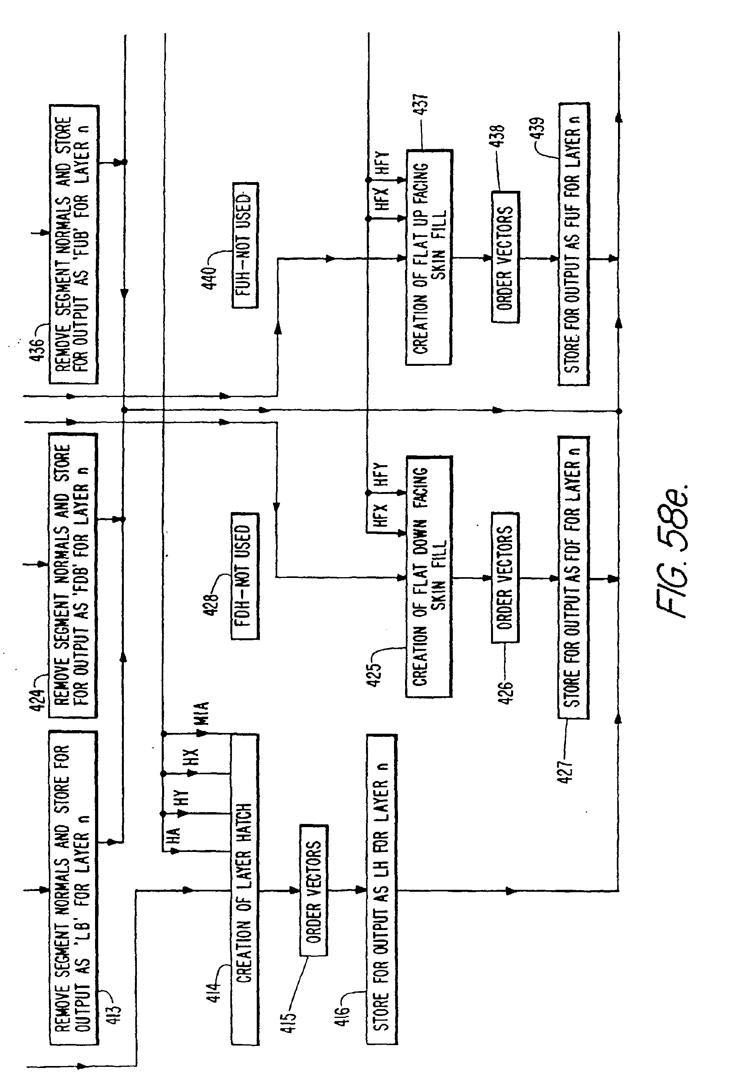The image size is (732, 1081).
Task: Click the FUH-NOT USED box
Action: [x=245, y=245]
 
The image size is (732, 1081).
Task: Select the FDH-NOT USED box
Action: [x=245, y=576]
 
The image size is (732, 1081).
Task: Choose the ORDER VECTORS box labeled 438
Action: [x=505, y=256]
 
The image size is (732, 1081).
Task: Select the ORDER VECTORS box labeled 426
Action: [x=505, y=577]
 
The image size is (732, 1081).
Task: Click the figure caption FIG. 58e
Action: [x=672, y=551]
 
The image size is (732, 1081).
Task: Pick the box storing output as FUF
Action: [x=574, y=244]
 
